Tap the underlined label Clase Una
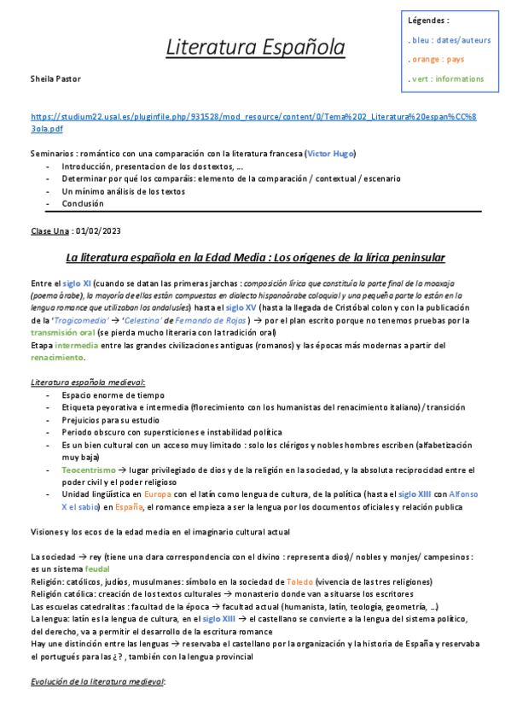(x=49, y=231)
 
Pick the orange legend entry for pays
(x=438, y=60)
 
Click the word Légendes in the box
(x=428, y=20)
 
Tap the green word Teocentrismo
(x=89, y=470)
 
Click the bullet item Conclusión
(x=83, y=204)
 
